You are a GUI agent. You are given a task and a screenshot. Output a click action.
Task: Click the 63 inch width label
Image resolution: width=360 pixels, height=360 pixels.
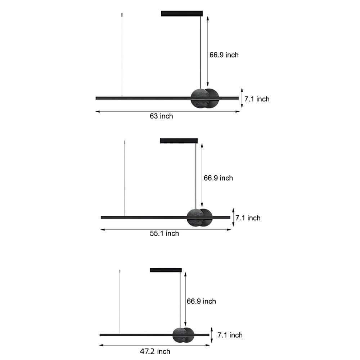pos(161,116)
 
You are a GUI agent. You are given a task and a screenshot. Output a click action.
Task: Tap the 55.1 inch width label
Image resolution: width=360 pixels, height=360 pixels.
pos(164,234)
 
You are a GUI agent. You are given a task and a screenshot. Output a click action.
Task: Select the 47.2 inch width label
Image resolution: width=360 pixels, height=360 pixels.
pos(155,351)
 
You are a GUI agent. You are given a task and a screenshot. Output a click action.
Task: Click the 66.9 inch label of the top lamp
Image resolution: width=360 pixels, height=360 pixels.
pos(224,55)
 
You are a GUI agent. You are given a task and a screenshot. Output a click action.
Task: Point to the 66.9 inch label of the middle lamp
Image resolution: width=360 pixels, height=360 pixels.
pos(218,178)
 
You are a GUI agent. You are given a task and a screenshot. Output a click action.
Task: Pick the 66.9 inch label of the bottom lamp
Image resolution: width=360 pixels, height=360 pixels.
pos(201,301)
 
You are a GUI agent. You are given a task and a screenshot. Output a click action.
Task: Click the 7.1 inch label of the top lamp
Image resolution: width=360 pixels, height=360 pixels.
pos(257,99)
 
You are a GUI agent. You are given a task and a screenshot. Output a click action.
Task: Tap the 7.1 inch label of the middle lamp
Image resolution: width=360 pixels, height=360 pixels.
pos(248,218)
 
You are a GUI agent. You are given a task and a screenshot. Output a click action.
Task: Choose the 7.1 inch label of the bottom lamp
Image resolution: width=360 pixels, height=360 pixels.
pos(230,335)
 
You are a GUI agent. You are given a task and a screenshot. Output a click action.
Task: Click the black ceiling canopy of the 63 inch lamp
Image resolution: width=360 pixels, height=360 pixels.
pos(182,14)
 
